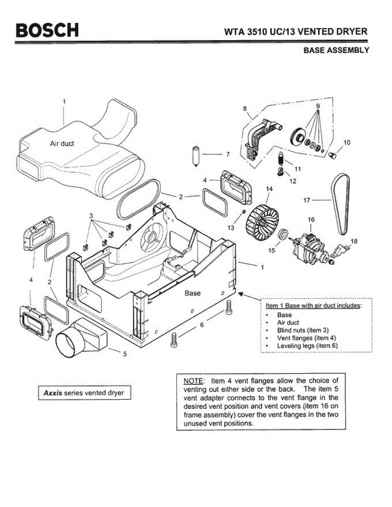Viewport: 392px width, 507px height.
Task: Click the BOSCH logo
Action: tap(47, 31)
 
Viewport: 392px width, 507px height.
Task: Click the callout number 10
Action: tap(347, 143)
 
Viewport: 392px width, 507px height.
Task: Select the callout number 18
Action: tap(354, 241)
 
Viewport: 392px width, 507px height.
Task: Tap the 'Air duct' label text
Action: tap(62, 144)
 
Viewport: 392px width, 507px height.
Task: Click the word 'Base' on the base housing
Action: tap(192, 293)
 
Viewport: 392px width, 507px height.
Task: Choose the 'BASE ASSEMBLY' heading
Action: tap(336, 50)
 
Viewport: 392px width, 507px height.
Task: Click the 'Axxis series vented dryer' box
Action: tap(84, 393)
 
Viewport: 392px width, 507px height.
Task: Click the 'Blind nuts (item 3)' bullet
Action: tap(303, 330)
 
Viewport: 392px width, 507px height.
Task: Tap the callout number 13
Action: tap(231, 227)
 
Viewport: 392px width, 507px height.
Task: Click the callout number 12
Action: tap(293, 181)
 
